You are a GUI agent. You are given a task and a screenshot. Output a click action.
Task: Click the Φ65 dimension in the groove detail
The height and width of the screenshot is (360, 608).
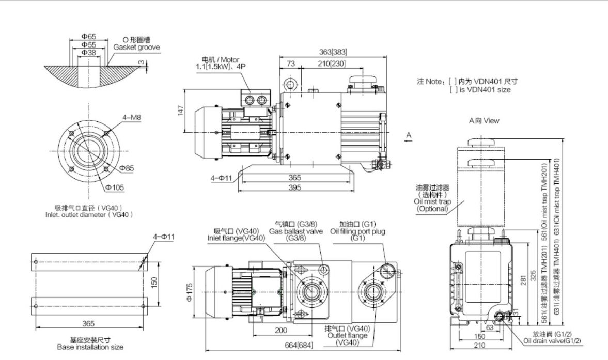(x=89, y=37)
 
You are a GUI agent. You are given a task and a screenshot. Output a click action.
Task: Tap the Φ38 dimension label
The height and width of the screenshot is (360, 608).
(x=89, y=52)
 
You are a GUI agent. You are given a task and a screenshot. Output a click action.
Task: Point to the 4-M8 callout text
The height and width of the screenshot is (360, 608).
(x=132, y=117)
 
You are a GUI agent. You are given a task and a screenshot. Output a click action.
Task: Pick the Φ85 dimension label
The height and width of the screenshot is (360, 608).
(x=127, y=168)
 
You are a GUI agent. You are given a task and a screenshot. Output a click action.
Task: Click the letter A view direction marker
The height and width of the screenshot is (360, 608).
(x=408, y=135)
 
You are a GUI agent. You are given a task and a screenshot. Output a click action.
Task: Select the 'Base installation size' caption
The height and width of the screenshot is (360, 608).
(x=90, y=347)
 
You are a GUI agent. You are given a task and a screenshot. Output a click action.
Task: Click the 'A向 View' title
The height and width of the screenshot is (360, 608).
(x=484, y=120)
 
